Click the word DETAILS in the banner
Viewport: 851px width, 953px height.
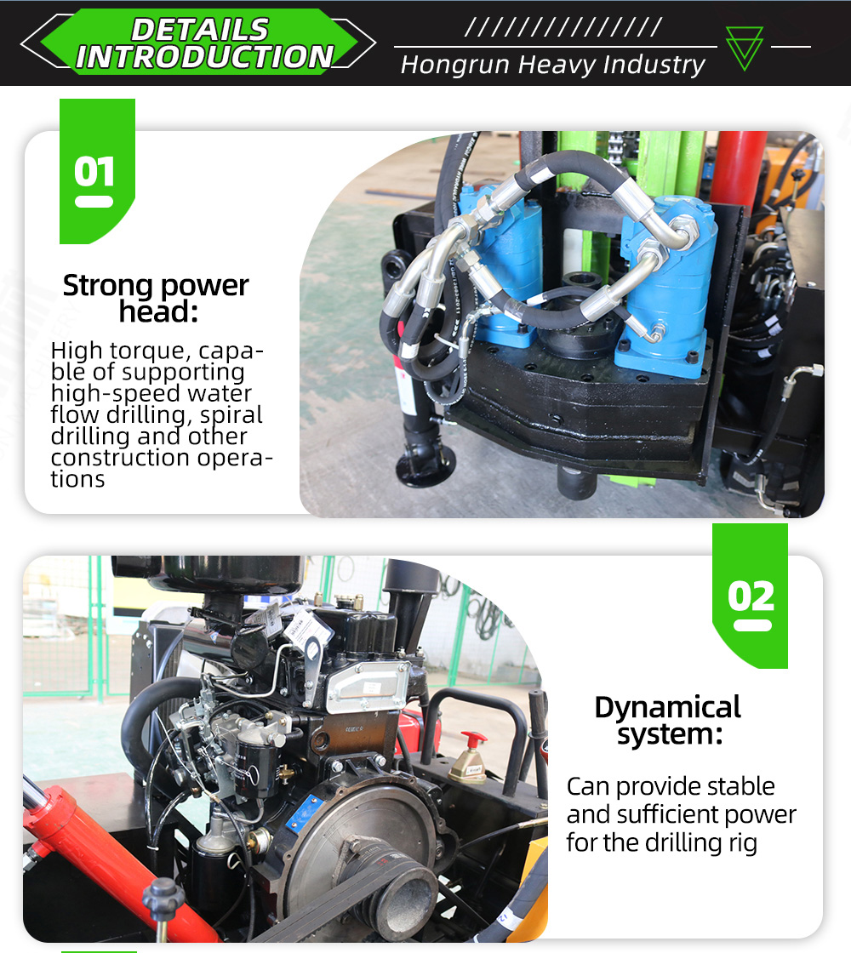point(200,30)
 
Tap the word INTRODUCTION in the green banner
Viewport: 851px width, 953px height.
point(205,57)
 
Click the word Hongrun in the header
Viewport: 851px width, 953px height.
point(454,65)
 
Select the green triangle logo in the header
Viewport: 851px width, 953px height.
point(744,48)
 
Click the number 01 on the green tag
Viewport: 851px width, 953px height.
point(94,171)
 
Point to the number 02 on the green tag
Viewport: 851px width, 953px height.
point(751,596)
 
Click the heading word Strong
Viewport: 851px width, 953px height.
point(107,286)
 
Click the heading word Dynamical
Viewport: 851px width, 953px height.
point(667,708)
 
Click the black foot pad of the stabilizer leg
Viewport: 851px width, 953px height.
point(425,468)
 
